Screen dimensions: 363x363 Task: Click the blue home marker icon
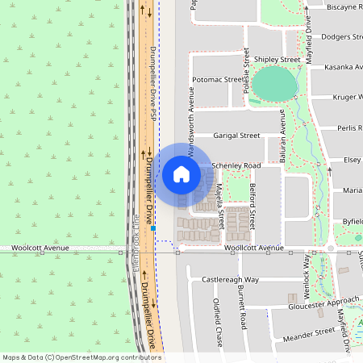coord(181,173)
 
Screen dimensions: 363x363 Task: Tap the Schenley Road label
coord(236,165)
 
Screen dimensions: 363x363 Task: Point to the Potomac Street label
coord(217,81)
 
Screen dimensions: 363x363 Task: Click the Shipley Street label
coord(277,60)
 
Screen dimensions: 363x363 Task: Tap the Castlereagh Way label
coord(230,279)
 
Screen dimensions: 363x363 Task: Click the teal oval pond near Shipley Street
coord(273,82)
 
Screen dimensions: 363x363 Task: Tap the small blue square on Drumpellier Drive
coord(152,228)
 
